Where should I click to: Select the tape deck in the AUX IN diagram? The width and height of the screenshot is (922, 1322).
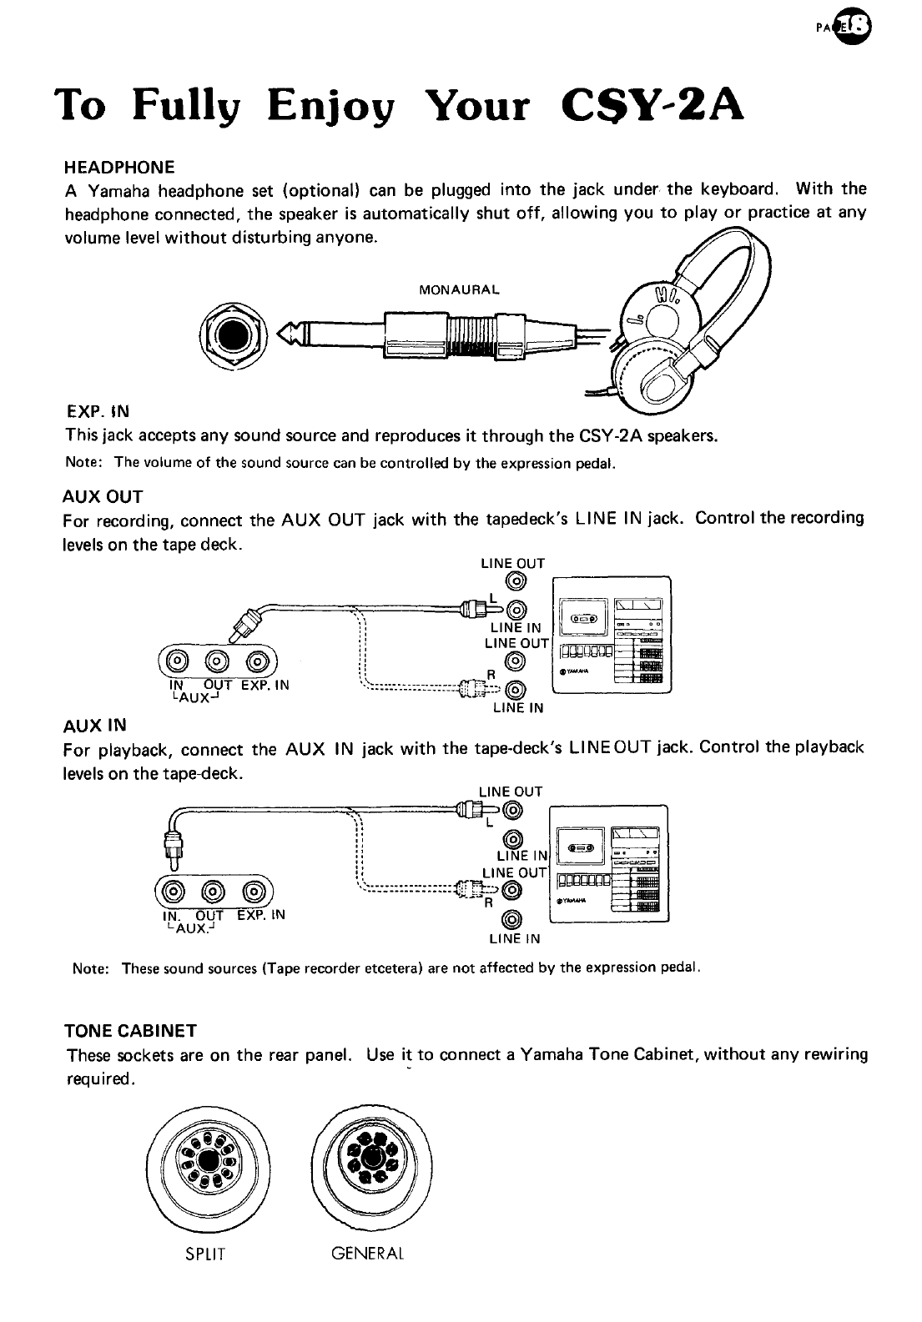[610, 862]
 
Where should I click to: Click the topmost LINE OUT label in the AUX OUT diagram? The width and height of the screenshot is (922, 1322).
[512, 563]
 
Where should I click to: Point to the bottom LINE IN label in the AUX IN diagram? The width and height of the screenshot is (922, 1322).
[514, 938]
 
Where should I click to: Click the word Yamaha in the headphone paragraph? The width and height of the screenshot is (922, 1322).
[113, 188]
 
